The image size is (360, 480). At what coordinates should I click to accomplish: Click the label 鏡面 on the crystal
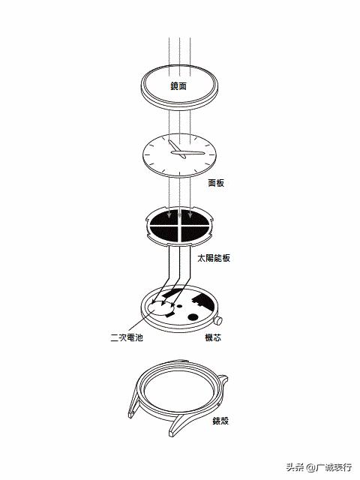178,86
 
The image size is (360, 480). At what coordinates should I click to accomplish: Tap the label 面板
216,183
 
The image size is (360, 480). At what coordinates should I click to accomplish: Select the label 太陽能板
214,258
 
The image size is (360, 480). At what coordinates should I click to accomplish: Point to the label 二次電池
127,337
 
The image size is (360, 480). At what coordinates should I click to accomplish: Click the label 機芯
213,337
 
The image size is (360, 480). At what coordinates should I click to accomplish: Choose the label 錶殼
220,421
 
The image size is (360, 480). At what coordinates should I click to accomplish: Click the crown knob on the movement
217,321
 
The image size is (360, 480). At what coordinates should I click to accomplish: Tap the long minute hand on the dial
187,152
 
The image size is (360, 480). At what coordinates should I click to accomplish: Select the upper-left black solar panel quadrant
164,217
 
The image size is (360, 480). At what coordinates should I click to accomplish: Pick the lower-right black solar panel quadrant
194,233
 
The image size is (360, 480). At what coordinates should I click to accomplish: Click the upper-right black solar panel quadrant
195,217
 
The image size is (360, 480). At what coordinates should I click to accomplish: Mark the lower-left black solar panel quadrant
164,233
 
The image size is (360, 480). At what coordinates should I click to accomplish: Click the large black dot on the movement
193,317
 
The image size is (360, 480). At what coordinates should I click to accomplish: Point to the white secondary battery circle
161,308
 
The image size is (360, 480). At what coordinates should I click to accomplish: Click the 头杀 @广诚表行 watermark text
319,467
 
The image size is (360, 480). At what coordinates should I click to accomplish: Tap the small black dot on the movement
179,306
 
